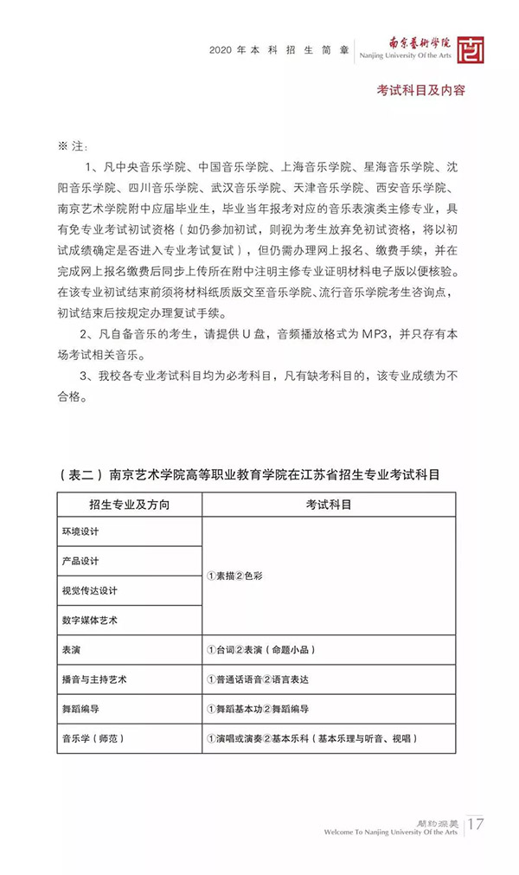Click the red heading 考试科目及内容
(420, 90)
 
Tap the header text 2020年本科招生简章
(279, 50)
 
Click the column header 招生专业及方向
(129, 505)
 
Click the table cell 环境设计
(86, 531)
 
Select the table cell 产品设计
(86, 561)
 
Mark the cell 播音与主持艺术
(95, 679)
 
